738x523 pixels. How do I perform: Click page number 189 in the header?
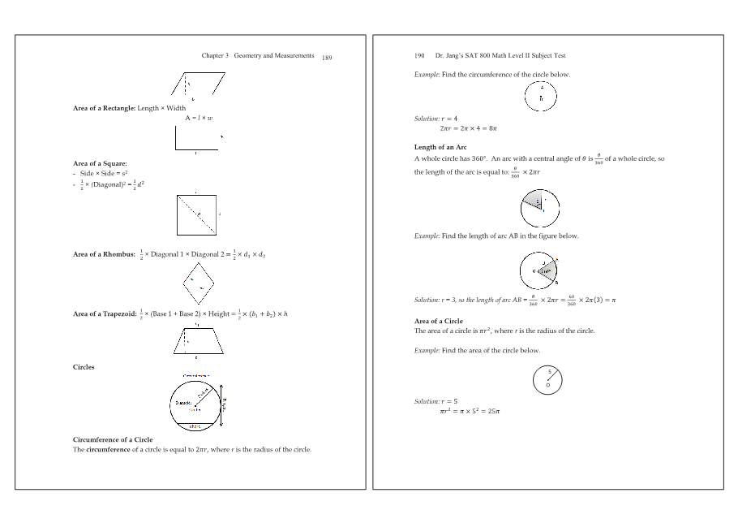327,58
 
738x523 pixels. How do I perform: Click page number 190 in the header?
419,56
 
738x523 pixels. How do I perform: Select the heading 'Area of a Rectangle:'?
104,108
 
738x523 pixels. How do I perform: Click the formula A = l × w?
198,118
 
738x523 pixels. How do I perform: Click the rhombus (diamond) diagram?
199,283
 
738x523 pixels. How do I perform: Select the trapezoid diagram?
198,339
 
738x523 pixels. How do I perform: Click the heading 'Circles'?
84,367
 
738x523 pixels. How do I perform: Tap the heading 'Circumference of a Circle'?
113,439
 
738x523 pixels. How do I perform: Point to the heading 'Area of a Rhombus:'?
104,254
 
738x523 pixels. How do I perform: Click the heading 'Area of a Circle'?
439,322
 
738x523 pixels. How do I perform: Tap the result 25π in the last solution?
493,411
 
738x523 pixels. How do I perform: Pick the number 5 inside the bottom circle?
550,373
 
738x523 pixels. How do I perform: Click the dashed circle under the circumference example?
541,97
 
